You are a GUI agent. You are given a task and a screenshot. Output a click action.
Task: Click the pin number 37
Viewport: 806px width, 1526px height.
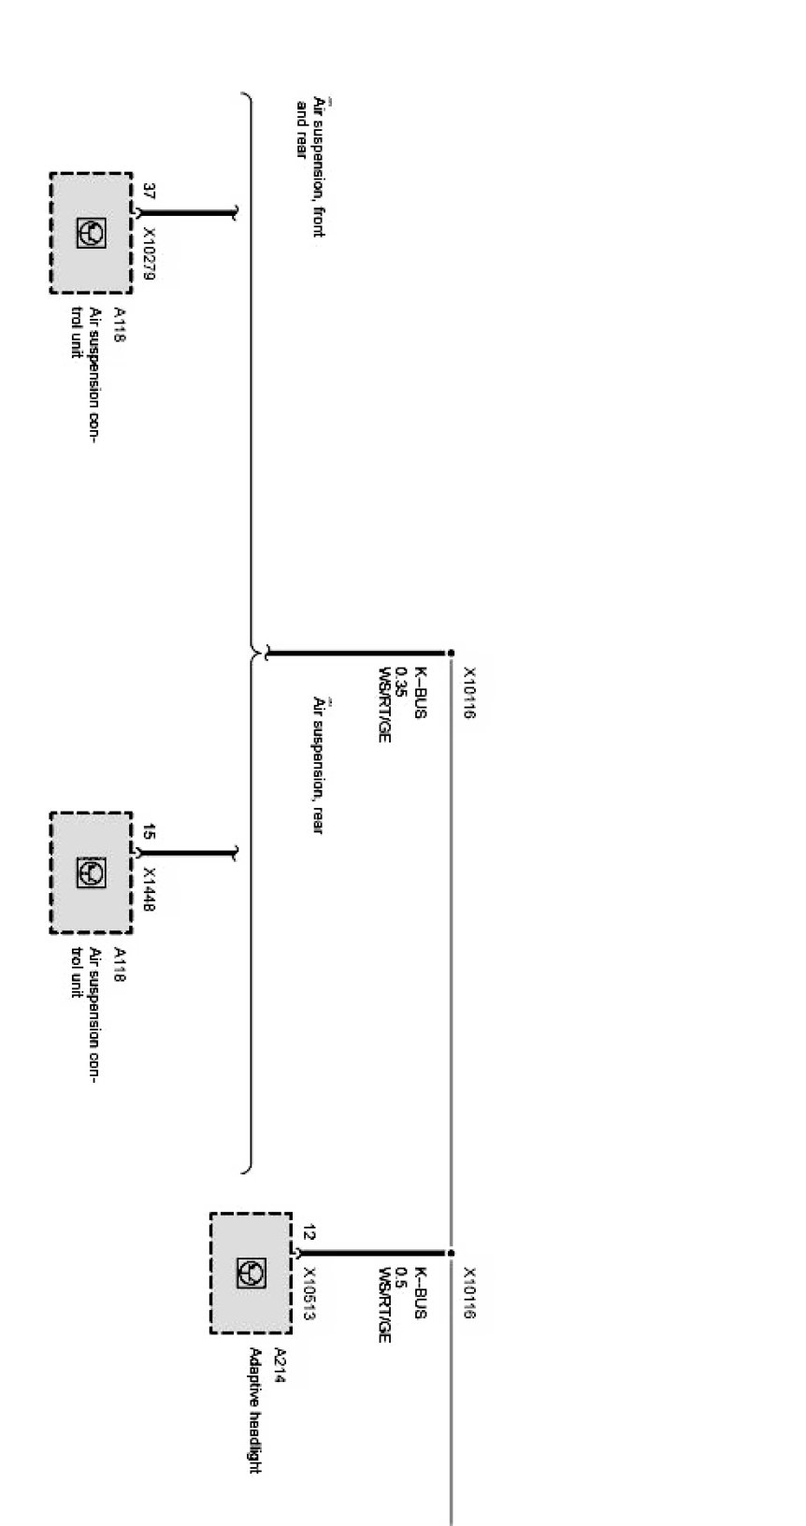pos(149,193)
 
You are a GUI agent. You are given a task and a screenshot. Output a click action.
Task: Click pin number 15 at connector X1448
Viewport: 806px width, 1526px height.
pos(149,831)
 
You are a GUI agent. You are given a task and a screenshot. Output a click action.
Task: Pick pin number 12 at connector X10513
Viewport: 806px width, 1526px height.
pos(309,1232)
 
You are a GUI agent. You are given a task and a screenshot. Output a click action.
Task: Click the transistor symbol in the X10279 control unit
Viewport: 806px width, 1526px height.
pos(91,234)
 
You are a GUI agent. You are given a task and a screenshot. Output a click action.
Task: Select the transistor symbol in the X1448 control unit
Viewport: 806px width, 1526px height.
pos(91,872)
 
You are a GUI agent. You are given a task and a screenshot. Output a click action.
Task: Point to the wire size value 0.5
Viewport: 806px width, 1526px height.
pos(401,1278)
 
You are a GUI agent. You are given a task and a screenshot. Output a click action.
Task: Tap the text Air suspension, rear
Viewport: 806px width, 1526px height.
pos(319,764)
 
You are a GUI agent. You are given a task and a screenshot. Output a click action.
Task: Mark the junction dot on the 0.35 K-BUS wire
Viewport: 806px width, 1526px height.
pos(451,653)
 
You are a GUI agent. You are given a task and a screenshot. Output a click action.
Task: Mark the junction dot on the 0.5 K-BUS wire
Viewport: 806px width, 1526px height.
pos(451,1253)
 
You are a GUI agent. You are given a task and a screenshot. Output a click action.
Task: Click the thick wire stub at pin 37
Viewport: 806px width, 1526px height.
pos(187,213)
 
